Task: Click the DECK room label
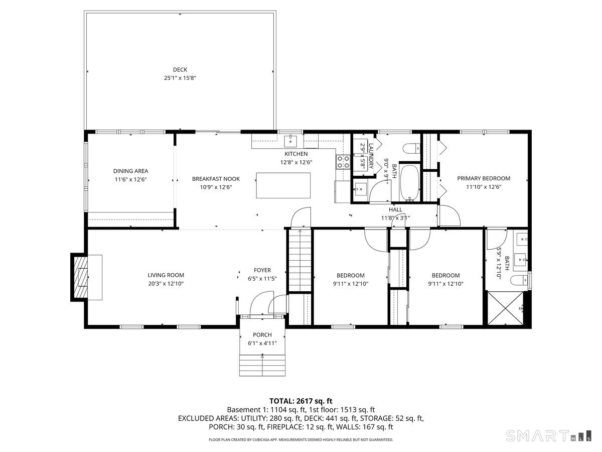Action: click(x=180, y=70)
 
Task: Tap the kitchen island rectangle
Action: click(x=283, y=186)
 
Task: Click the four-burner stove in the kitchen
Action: click(x=343, y=161)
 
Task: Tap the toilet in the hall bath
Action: click(x=411, y=148)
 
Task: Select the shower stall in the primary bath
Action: click(x=506, y=309)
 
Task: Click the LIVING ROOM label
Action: click(x=166, y=275)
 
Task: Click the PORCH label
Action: click(x=262, y=335)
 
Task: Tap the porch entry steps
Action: click(x=262, y=365)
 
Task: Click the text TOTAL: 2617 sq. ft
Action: click(x=301, y=401)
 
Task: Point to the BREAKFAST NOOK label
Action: click(x=216, y=179)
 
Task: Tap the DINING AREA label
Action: click(x=130, y=171)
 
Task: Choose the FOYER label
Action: click(x=262, y=270)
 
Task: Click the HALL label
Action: click(x=395, y=209)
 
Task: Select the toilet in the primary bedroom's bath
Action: click(x=519, y=280)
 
